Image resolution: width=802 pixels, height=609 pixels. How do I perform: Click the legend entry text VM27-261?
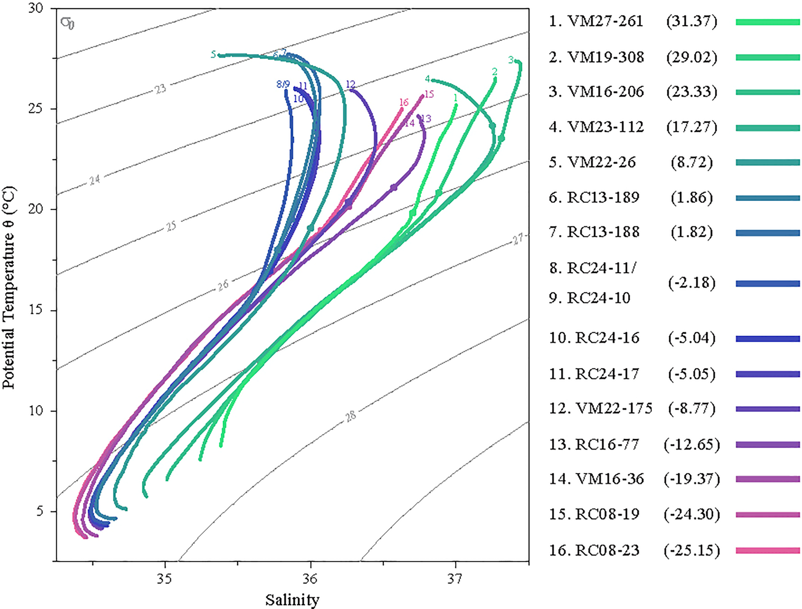(605, 21)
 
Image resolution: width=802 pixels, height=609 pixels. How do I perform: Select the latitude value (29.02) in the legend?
(691, 57)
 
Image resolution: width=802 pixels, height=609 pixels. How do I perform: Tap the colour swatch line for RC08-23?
(767, 550)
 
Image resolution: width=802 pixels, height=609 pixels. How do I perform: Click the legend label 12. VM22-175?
(600, 409)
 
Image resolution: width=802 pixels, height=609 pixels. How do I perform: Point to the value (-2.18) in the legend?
(691, 283)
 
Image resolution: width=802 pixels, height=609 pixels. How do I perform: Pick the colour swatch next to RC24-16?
(767, 339)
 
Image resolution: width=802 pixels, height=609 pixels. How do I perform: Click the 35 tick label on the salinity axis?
(165, 579)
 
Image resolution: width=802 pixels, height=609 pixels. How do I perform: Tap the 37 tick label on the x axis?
(455, 579)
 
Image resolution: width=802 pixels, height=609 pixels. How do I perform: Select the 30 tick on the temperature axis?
(36, 8)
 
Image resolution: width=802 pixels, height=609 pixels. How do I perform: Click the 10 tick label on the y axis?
(36, 411)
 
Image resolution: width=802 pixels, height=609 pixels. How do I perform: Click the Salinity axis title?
(292, 600)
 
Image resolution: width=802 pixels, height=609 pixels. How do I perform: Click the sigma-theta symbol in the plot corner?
(67, 23)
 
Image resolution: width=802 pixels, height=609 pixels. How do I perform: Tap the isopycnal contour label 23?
(160, 88)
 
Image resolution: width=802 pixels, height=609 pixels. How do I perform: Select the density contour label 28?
(351, 416)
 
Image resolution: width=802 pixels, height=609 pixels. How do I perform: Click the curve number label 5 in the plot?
(214, 55)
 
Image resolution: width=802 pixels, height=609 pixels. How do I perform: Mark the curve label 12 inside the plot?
(350, 84)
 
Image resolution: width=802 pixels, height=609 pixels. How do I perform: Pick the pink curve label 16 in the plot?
(404, 102)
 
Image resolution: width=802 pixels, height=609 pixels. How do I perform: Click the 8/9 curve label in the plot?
(283, 84)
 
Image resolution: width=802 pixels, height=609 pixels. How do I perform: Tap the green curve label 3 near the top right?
(511, 59)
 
